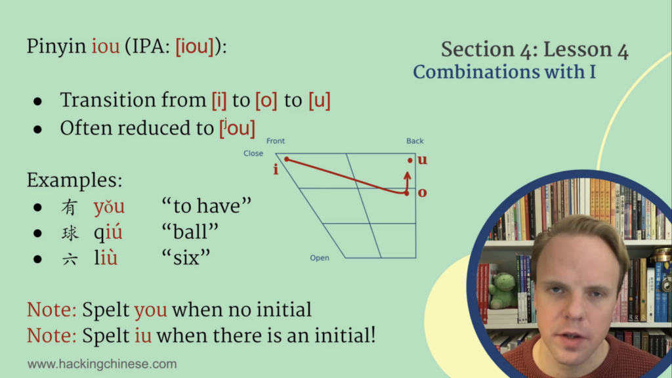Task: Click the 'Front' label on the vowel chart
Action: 275,141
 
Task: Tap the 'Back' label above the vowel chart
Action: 415,141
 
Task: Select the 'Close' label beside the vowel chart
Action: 253,154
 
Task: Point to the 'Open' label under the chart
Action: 320,258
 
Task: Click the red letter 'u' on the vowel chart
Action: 423,160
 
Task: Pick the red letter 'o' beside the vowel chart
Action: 423,193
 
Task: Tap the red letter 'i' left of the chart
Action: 276,169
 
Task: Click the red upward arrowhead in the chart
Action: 407,176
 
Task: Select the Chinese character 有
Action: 69,207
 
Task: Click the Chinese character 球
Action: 70,234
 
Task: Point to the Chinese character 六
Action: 70,259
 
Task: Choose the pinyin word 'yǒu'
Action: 110,207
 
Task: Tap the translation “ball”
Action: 190,232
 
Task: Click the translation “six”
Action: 186,258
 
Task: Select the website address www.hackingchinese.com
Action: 102,364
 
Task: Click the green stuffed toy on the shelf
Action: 503,291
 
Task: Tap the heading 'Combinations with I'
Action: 504,72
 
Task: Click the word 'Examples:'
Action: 75,180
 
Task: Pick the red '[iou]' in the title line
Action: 194,46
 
